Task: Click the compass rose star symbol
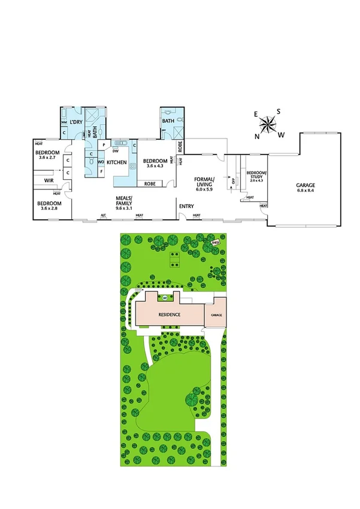click(x=268, y=125)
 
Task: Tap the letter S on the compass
click(x=278, y=112)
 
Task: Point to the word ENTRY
click(x=186, y=207)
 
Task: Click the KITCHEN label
click(x=117, y=162)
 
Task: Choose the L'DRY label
click(x=75, y=122)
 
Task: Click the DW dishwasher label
click(x=115, y=150)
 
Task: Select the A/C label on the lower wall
click(x=103, y=215)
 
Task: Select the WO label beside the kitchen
click(x=101, y=162)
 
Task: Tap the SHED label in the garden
click(x=215, y=243)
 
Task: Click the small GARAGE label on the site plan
click(x=214, y=314)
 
